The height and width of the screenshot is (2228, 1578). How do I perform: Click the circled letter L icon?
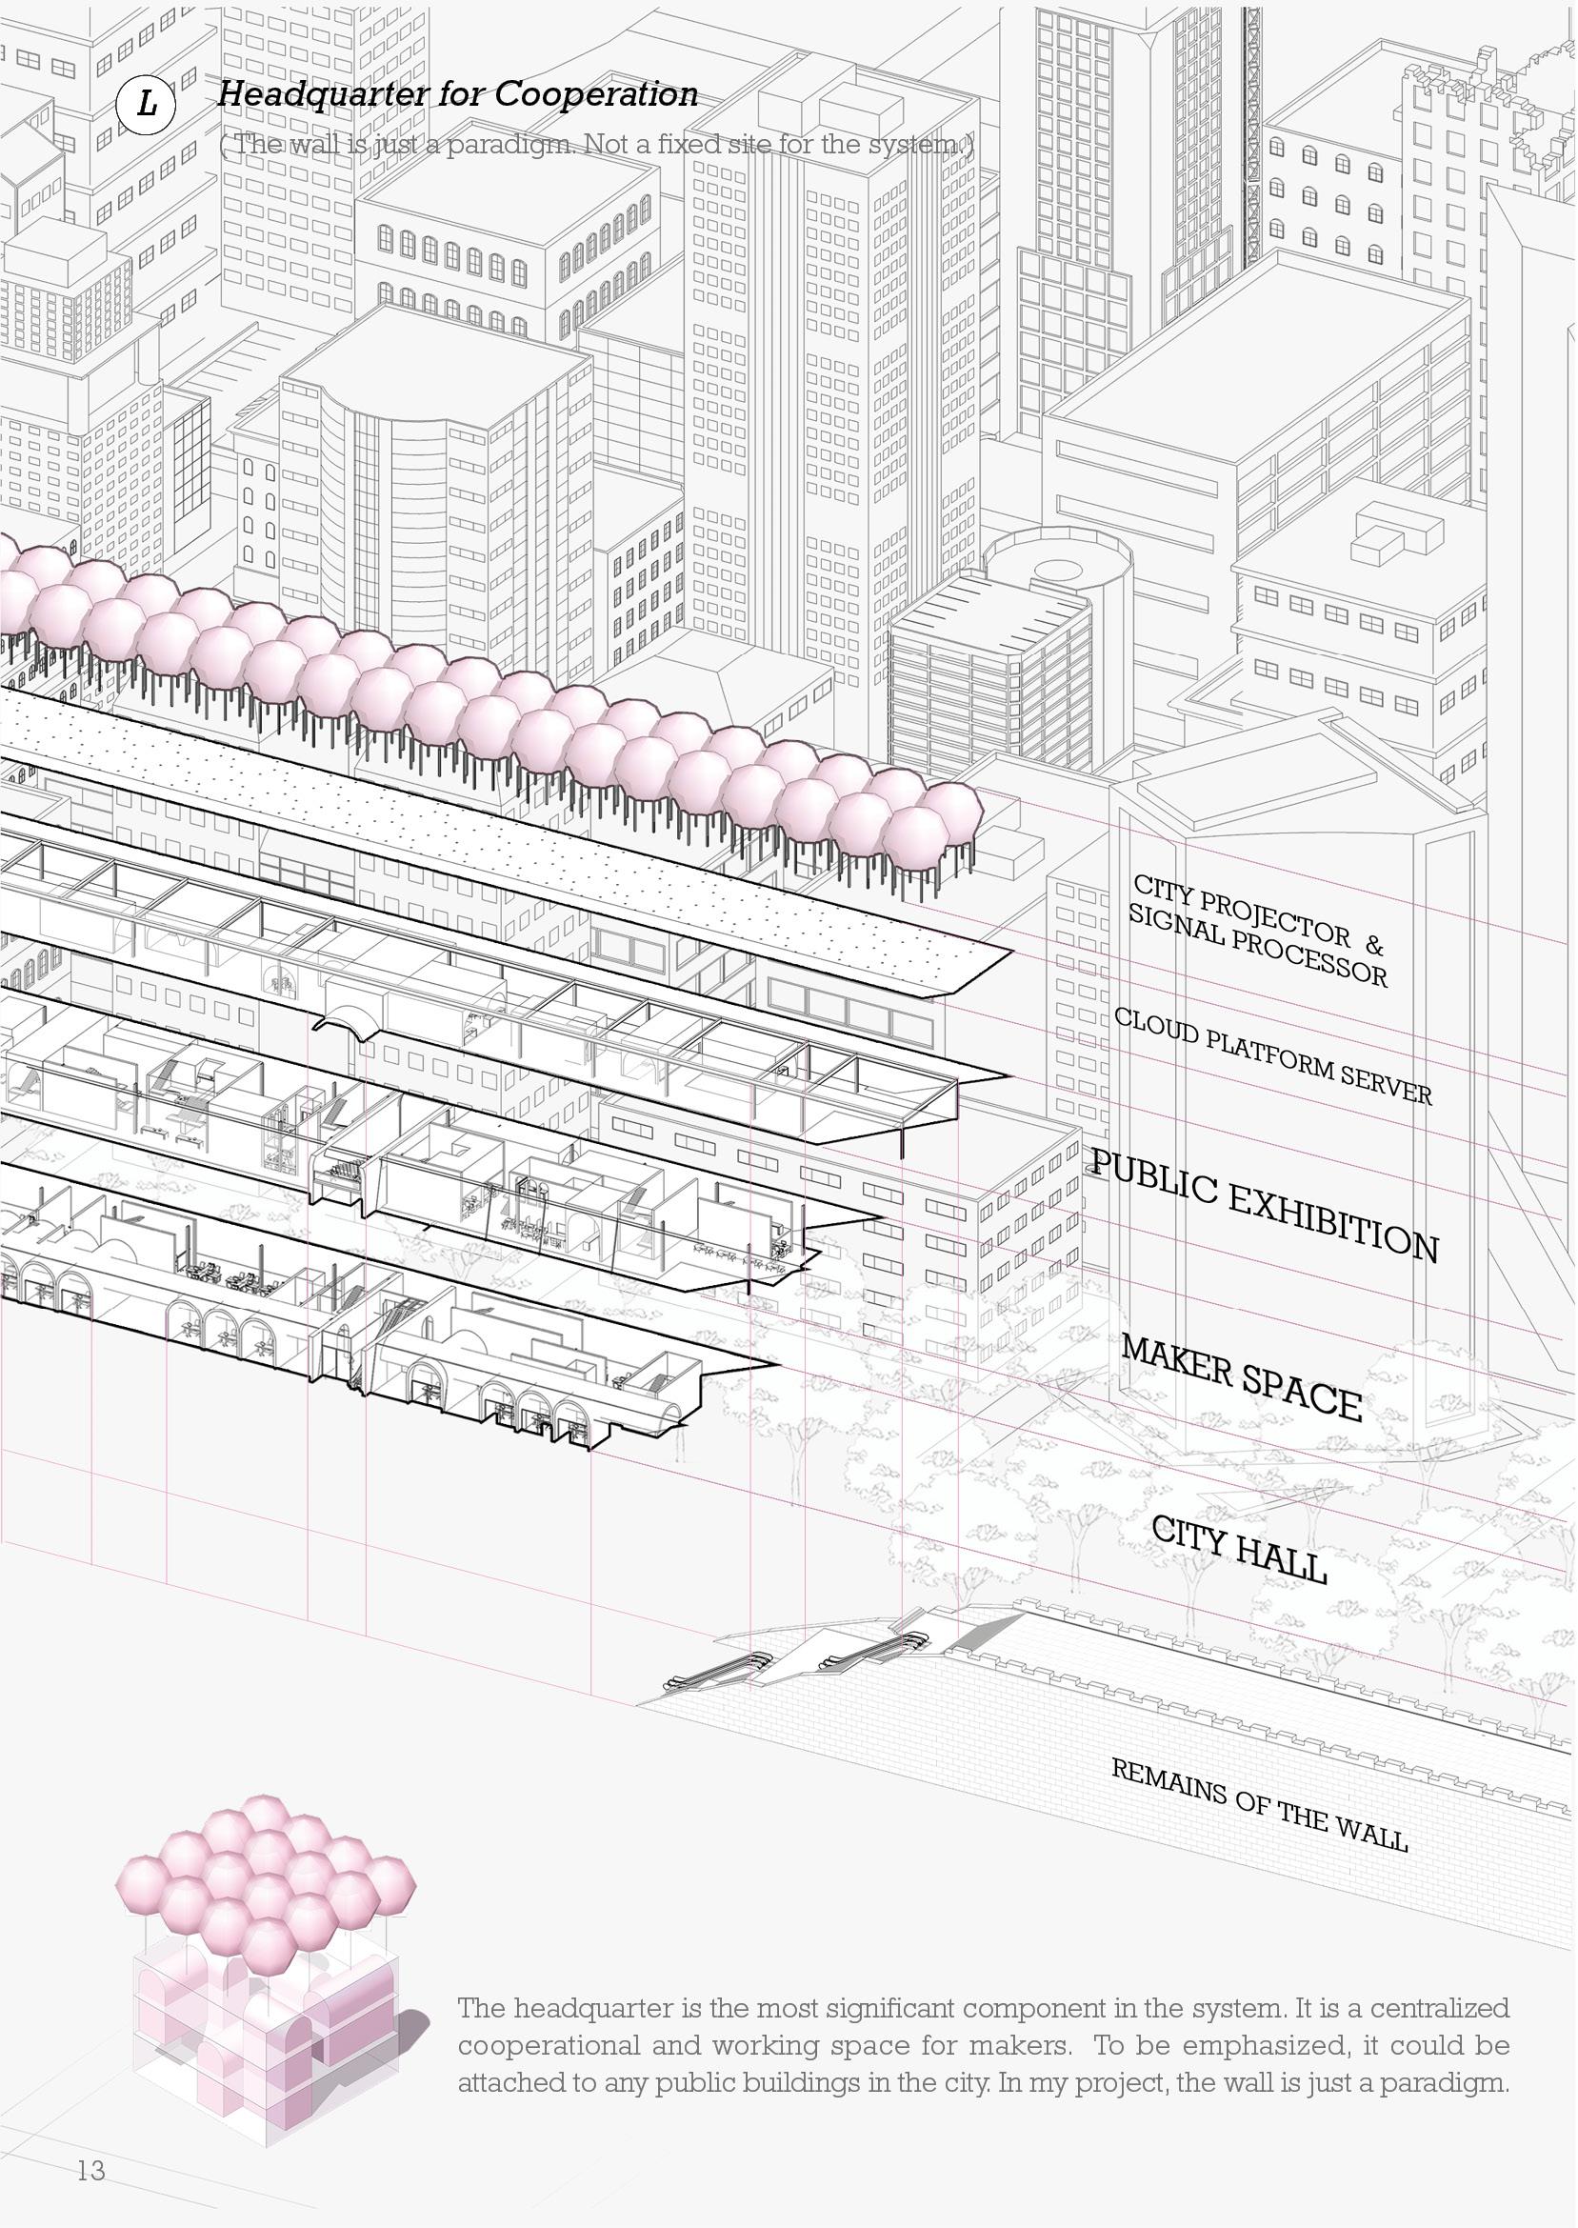[x=146, y=103]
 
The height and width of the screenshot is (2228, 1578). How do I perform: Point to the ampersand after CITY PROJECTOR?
[x=1373, y=943]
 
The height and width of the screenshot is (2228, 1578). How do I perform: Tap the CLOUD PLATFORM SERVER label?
[x=1273, y=1056]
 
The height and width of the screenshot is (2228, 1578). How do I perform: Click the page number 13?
[x=91, y=2138]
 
